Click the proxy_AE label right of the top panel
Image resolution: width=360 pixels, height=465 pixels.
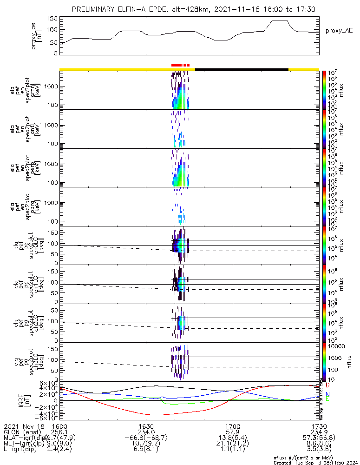coord(339,31)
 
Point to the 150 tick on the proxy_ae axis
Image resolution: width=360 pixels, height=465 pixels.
coord(52,19)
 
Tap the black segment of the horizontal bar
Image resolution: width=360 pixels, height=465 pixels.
coord(242,69)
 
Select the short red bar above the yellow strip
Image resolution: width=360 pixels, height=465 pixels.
coord(180,65)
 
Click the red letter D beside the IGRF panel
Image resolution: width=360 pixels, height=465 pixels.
coord(328,385)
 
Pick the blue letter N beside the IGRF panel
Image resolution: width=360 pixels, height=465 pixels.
coord(328,394)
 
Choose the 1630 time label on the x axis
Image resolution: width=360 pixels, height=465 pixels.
coord(146,426)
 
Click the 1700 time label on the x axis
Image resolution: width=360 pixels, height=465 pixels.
coord(232,426)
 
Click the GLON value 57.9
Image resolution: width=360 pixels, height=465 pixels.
coord(232,432)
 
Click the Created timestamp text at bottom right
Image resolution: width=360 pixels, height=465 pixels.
coord(316,463)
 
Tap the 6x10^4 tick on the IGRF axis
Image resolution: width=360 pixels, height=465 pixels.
coord(50,383)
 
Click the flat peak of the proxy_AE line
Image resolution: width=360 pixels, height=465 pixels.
coord(280,20)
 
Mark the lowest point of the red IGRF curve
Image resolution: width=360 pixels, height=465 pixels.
coord(153,415)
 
